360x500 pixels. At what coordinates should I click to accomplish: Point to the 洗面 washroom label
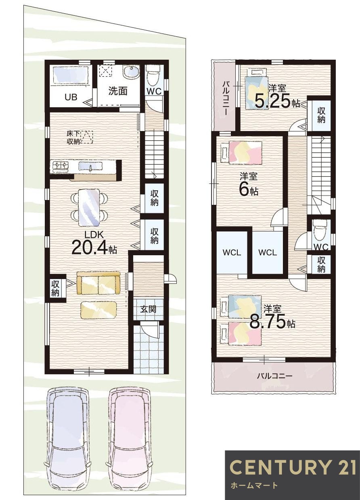[x=117, y=91]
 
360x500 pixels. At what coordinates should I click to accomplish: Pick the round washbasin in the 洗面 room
[x=130, y=73]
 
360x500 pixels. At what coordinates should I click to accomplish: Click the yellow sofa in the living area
[x=98, y=283]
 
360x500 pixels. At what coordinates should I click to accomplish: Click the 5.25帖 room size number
[x=272, y=102]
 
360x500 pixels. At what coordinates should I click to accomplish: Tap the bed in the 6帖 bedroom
[x=242, y=153]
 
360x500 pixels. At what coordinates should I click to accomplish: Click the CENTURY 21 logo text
[x=293, y=468]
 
